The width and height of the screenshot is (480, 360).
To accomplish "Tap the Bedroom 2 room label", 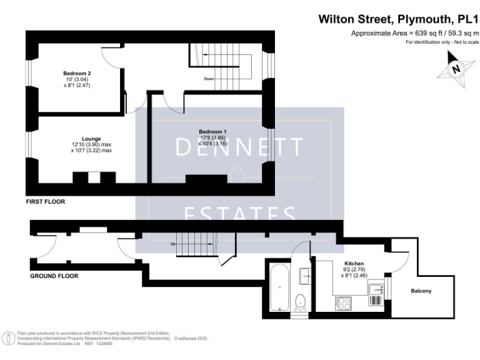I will point(77,72).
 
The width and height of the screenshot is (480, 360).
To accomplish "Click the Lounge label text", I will point(91,139).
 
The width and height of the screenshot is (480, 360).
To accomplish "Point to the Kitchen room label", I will point(354,264).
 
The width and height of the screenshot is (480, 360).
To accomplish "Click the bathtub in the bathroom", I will point(278,287).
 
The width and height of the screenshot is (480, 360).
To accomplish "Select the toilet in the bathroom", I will point(301,301).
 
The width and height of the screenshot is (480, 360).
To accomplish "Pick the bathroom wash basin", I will point(306,273).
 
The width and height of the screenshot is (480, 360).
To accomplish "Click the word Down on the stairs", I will point(209,79).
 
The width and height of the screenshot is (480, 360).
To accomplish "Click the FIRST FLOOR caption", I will point(45,202).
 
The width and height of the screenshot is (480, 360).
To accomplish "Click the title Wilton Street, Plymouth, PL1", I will point(398,19).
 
